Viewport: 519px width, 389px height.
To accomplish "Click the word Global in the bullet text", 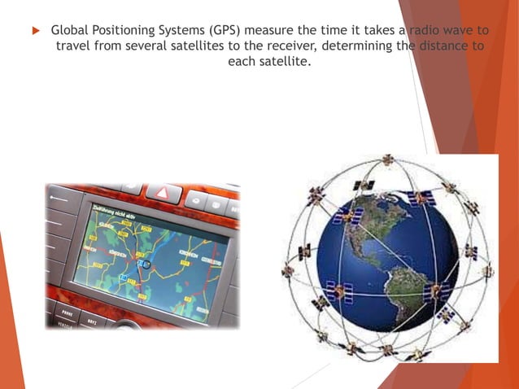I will click(x=69, y=30).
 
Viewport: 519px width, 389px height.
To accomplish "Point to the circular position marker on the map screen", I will click(x=146, y=264).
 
